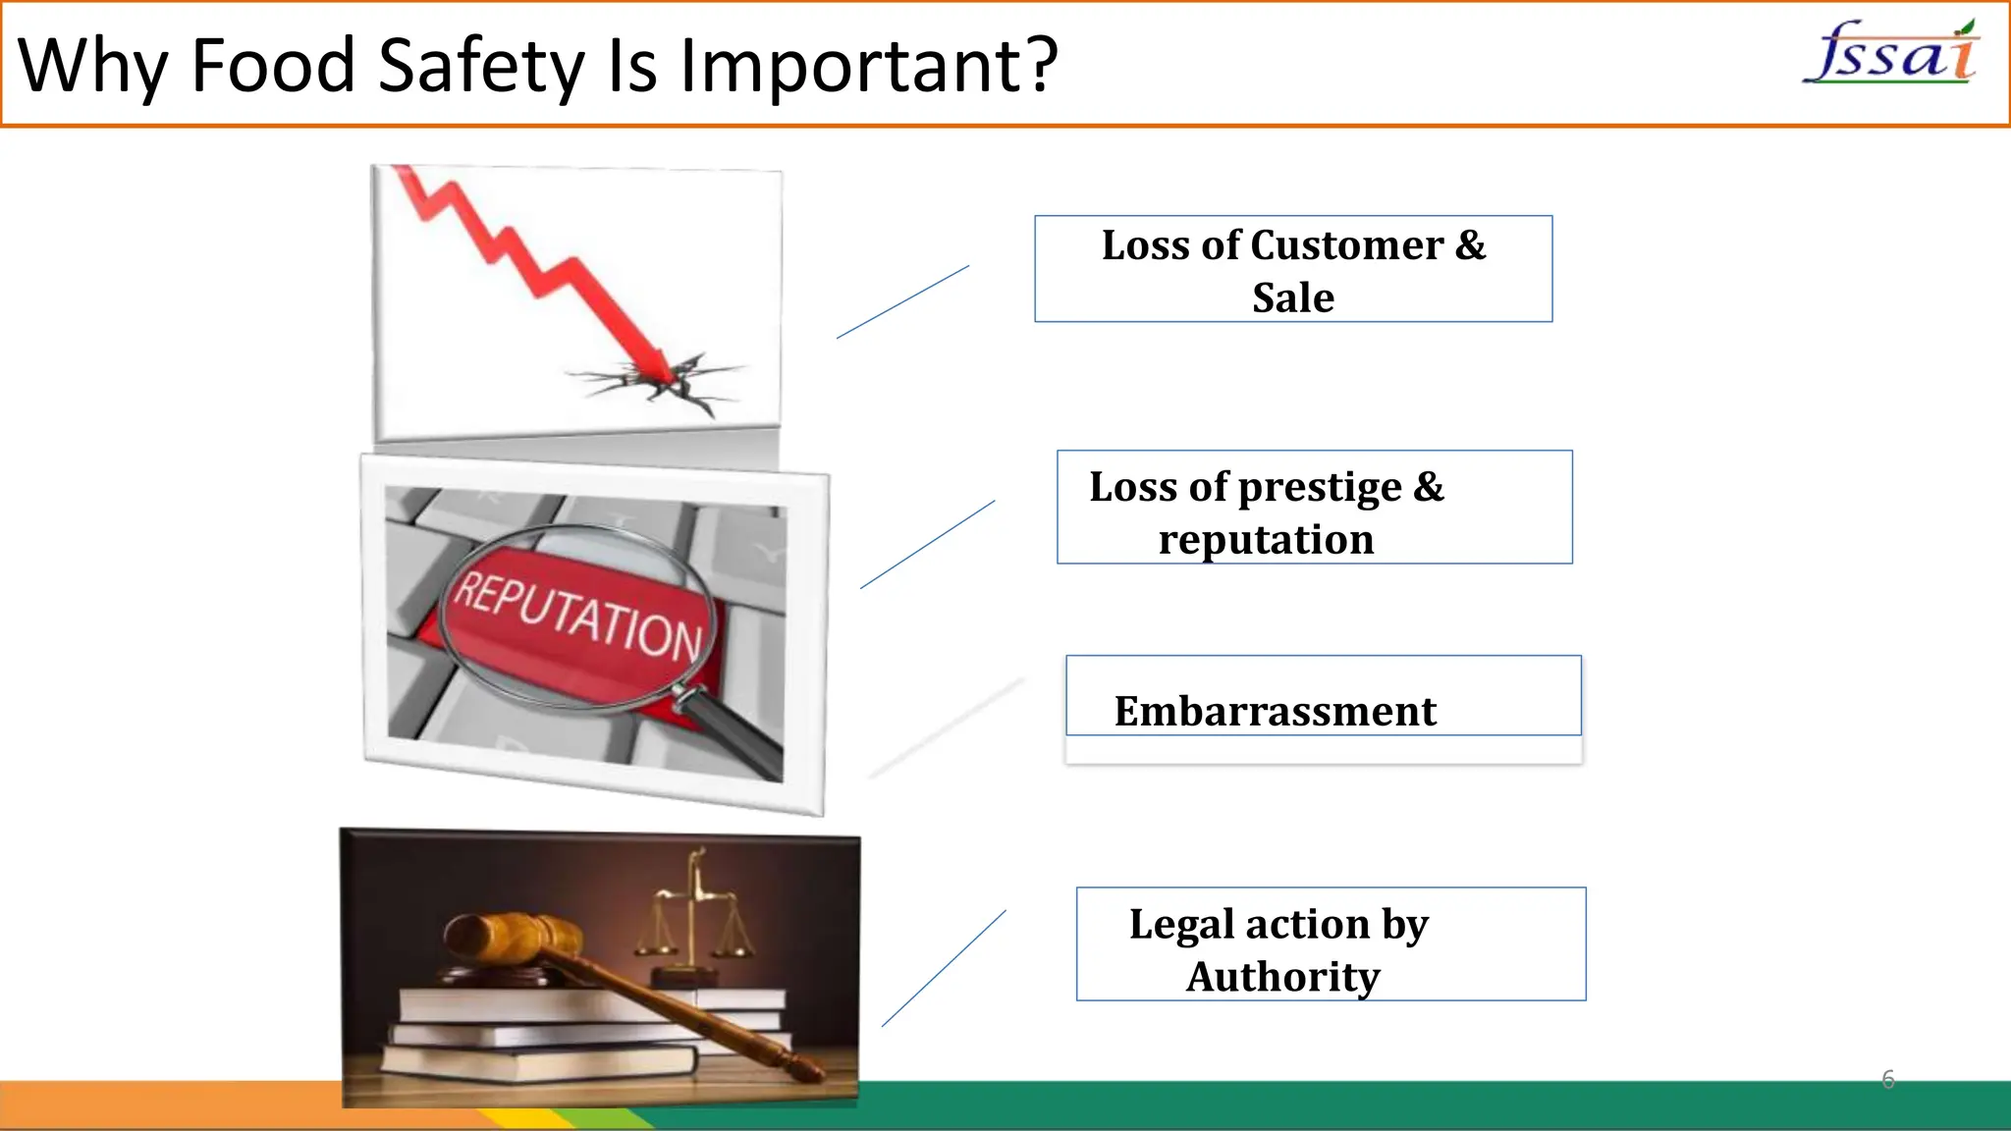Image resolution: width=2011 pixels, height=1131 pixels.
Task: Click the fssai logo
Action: point(1890,54)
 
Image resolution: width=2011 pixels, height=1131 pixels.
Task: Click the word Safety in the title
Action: point(481,66)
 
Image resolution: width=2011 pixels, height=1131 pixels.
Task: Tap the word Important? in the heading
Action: point(869,66)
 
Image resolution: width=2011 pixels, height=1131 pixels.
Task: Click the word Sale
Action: point(1293,297)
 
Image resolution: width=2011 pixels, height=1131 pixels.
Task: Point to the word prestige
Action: point(1321,488)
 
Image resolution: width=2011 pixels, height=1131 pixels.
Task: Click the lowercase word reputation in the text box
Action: point(1266,540)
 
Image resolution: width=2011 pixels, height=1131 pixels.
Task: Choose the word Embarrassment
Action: point(1275,711)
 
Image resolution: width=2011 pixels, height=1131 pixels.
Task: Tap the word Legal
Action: point(1181,924)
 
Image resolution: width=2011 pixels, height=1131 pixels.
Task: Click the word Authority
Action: point(1282,977)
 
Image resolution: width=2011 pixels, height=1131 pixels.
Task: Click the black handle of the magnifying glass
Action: point(736,737)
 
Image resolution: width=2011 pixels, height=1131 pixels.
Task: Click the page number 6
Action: point(1887,1079)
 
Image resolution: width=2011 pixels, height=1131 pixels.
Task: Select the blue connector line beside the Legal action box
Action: point(944,968)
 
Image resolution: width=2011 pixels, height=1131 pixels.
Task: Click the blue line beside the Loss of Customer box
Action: point(902,301)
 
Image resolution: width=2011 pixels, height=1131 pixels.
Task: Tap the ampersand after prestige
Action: point(1429,487)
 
